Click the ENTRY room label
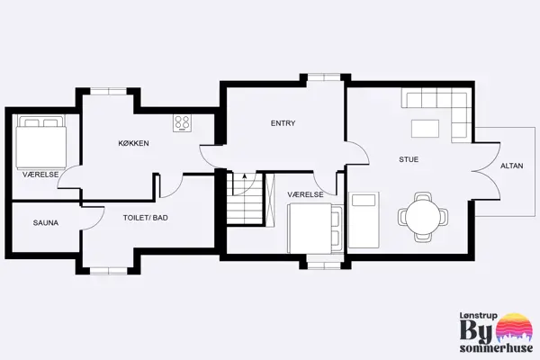[283, 123]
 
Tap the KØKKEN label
[133, 144]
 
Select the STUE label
[409, 159]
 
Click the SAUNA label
[46, 221]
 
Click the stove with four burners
[183, 122]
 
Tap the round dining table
[424, 216]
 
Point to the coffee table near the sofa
[427, 129]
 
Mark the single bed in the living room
[364, 220]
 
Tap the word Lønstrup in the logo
[479, 314]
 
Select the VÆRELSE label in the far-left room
[40, 174]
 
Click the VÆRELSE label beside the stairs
[306, 194]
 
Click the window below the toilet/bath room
[107, 269]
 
